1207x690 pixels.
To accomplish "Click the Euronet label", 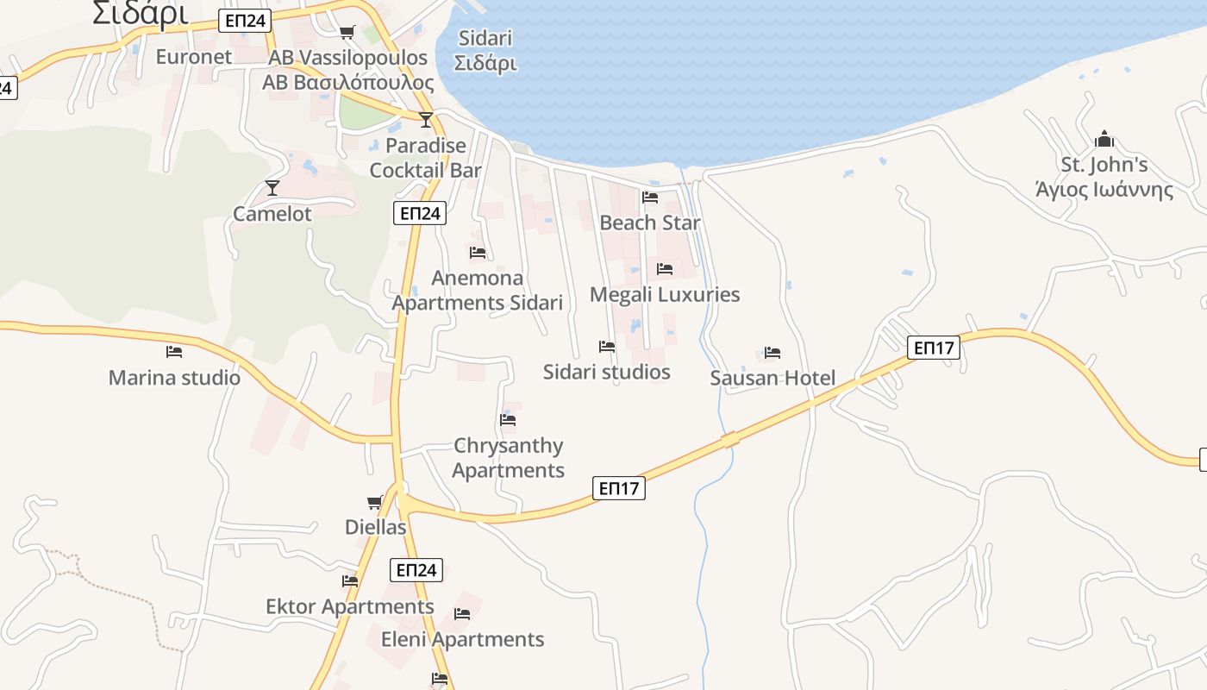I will [x=194, y=57].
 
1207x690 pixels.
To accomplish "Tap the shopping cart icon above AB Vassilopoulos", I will [x=347, y=33].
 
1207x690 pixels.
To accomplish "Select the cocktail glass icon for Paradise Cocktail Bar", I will [x=426, y=119].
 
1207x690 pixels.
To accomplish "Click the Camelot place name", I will [x=272, y=214].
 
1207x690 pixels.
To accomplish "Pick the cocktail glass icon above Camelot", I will [x=272, y=186].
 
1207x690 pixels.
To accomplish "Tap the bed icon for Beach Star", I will [x=650, y=198].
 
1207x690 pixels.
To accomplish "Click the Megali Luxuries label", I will [x=665, y=294].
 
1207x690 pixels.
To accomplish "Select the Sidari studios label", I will [x=607, y=372].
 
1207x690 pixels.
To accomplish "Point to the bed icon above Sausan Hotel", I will [x=772, y=353].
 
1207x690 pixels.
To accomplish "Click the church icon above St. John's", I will [x=1104, y=139].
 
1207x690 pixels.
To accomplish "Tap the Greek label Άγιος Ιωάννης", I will [x=1104, y=190].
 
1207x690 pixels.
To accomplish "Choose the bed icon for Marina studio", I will [x=174, y=352].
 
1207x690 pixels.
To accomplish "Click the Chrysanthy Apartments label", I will [x=509, y=458].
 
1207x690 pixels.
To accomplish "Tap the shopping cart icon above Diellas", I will [x=375, y=502].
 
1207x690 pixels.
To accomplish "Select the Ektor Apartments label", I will [x=350, y=606].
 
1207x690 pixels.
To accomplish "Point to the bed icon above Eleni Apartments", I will [x=462, y=614].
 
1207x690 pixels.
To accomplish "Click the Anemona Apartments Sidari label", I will [x=478, y=290].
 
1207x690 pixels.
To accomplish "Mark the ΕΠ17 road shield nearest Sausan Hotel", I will [x=934, y=348].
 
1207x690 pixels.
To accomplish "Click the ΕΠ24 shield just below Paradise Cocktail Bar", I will [x=420, y=213].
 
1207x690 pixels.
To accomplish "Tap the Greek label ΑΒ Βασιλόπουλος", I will [x=348, y=83].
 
